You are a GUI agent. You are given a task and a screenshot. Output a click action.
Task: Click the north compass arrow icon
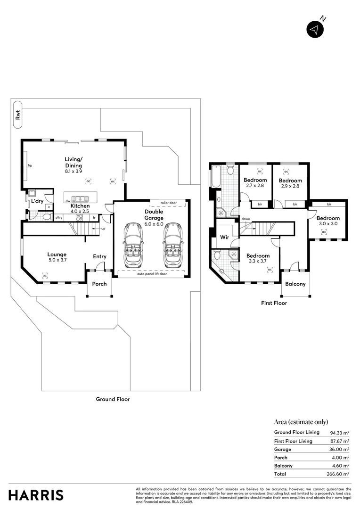[315, 29]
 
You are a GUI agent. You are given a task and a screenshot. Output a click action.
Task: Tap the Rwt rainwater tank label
[18, 115]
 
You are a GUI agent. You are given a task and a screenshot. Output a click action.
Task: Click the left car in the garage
[133, 244]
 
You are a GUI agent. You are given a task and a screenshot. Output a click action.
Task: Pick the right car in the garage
[172, 244]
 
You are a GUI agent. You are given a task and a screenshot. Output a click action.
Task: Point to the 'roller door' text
[169, 203]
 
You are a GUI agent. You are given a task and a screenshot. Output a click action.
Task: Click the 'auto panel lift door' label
[152, 274]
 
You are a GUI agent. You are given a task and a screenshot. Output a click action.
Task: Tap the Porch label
[99, 284]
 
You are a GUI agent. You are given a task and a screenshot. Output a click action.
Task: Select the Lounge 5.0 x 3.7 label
[57, 257]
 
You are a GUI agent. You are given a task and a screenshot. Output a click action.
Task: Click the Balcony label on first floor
[295, 284]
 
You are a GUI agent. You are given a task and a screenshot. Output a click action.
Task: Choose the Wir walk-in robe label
[225, 238]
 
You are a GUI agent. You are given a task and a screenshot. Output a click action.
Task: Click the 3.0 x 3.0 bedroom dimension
[328, 224]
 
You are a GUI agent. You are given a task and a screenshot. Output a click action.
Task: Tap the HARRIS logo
[36, 495]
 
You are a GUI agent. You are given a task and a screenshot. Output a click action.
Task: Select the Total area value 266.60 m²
[339, 474]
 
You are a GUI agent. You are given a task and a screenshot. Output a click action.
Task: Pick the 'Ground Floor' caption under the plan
[113, 399]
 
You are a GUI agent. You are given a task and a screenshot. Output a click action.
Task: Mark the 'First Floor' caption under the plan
[274, 303]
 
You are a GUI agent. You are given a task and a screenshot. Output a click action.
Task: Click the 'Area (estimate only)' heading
[301, 422]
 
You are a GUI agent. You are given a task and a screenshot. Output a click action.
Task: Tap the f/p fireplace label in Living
[29, 165]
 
